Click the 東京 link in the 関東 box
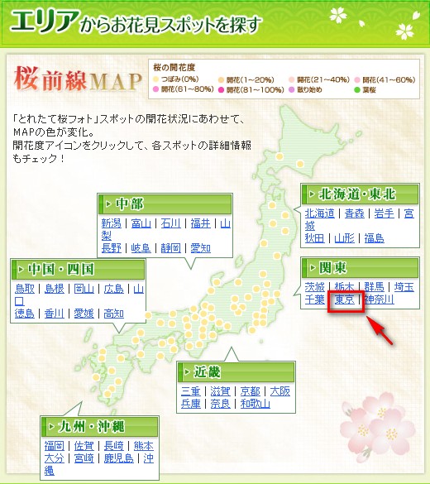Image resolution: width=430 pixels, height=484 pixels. coord(344,300)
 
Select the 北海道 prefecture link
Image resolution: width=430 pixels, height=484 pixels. coord(319,213)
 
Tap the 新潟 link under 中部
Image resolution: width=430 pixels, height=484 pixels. coord(112,223)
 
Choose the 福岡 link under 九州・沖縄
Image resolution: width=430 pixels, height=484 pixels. coord(55,446)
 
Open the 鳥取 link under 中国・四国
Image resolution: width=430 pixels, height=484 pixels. coord(26,288)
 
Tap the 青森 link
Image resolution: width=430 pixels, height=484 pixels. coord(354,213)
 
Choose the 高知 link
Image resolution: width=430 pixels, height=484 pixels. coord(113,313)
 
